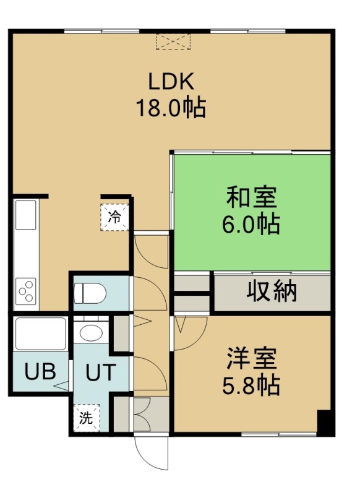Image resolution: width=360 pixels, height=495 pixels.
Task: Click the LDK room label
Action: (171, 82)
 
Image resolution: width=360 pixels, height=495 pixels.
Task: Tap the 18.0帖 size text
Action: (171, 108)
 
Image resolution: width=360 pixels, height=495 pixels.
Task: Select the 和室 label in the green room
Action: (252, 197)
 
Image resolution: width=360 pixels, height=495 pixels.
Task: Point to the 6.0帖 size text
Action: (252, 224)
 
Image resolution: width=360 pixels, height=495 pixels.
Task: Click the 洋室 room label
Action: (252, 358)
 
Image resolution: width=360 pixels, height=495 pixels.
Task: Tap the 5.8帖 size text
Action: (252, 385)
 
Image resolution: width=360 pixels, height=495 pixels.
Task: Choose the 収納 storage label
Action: (272, 291)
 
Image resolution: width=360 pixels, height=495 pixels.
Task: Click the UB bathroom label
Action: (40, 371)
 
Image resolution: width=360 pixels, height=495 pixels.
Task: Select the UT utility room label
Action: (101, 372)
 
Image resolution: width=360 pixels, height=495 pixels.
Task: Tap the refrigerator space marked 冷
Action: (115, 218)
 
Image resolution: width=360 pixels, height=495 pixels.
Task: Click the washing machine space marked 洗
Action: (86, 418)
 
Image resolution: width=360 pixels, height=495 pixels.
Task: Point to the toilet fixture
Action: (90, 293)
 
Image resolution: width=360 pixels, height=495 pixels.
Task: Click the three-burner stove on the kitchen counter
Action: (26, 291)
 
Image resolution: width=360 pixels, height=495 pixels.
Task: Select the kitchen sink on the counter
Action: (25, 215)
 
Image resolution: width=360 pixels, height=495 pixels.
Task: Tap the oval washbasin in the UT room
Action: (91, 332)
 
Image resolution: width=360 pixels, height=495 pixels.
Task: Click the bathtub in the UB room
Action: (41, 334)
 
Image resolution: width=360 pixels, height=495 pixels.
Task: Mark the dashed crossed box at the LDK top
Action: (174, 41)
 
